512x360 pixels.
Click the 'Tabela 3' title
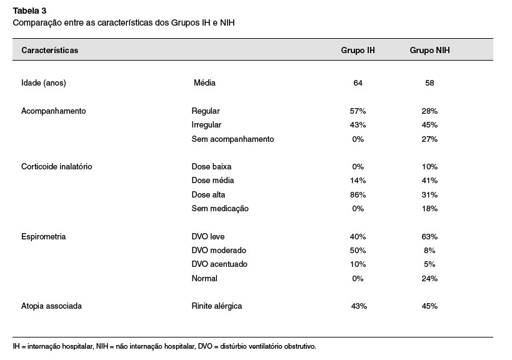tap(30, 11)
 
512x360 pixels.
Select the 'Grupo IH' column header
tap(358, 50)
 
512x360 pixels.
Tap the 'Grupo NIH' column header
tap(429, 50)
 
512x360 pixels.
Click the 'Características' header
tap(50, 50)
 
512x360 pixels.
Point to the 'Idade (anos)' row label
tap(44, 83)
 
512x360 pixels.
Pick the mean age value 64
tap(358, 83)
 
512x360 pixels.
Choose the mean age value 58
tap(429, 83)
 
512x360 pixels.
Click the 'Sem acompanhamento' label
tap(233, 139)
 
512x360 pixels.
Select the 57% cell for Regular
tap(358, 111)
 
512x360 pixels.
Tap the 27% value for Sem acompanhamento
tap(429, 139)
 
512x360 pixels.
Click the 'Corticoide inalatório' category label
tap(57, 166)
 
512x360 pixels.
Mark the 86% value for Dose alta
tap(358, 195)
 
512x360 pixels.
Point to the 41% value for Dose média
tap(429, 181)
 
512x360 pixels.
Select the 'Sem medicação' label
tap(220, 209)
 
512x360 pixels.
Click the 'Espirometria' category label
tap(43, 237)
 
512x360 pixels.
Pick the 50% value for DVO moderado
tap(358, 251)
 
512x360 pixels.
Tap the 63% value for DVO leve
tap(429, 237)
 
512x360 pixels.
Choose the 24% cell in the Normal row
tap(429, 278)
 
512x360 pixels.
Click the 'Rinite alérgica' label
tap(217, 306)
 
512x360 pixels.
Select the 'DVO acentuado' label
tap(219, 264)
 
